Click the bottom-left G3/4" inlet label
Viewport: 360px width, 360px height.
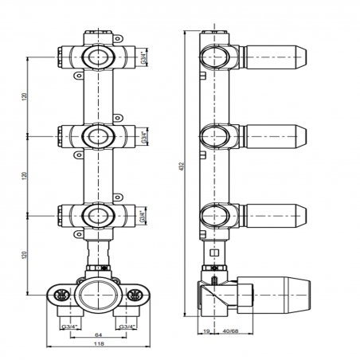pyautogui.click(x=68, y=327)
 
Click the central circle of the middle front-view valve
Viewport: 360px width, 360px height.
pyautogui.click(x=97, y=135)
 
